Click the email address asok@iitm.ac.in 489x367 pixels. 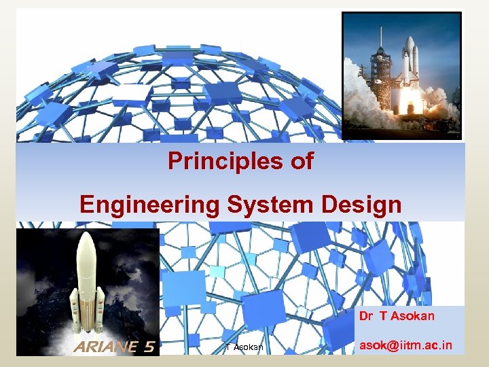pyautogui.click(x=405, y=345)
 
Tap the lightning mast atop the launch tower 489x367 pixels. pyautogui.click(x=381, y=34)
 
